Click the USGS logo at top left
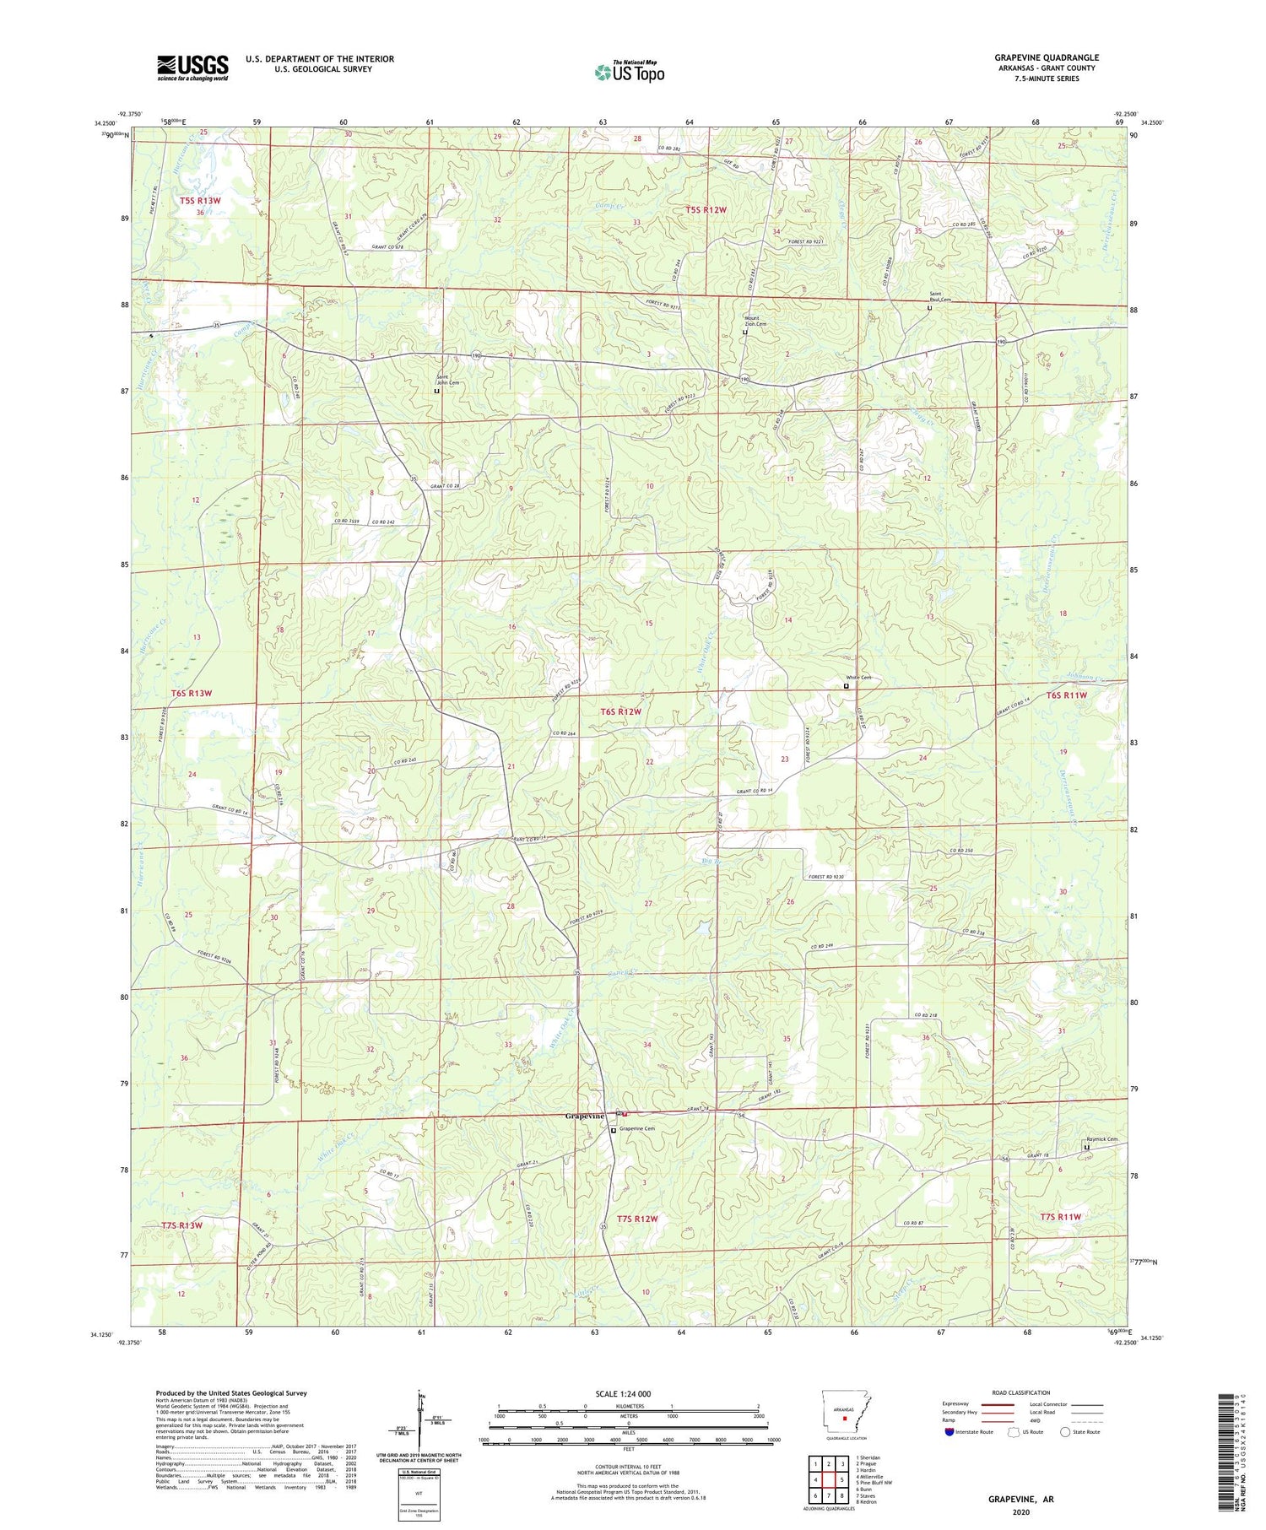point(192,68)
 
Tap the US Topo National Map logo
point(629,72)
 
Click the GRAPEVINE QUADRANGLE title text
point(1047,57)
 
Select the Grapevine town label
point(584,1116)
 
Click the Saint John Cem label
point(447,380)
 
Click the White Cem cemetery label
point(858,678)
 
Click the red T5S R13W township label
point(200,201)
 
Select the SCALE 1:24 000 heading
point(628,1393)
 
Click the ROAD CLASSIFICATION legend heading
point(1021,1392)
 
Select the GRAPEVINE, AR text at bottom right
point(1021,1499)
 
